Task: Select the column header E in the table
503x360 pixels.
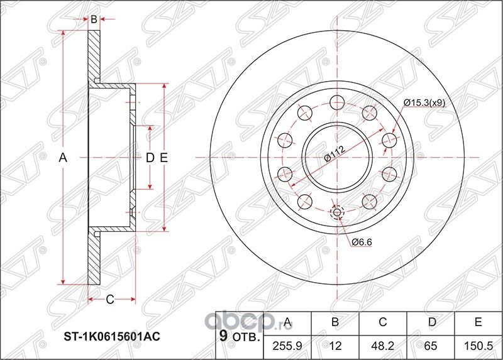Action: (x=478, y=323)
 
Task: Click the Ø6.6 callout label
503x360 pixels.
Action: (x=360, y=241)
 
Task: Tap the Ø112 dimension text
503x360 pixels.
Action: (x=333, y=153)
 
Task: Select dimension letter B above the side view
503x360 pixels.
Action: (x=94, y=19)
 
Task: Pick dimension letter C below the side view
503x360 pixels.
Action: (x=109, y=299)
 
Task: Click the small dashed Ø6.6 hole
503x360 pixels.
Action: (x=337, y=212)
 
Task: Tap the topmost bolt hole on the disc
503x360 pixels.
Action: (x=337, y=102)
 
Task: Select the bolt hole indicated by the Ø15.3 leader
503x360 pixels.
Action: (x=389, y=139)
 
